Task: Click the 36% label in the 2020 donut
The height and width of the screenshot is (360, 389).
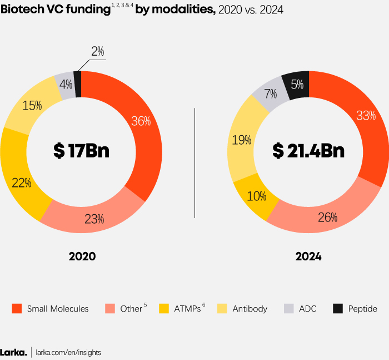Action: [x=141, y=121]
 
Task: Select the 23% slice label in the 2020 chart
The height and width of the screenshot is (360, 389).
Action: [x=94, y=219]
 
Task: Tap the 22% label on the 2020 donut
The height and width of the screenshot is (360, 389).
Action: [x=22, y=183]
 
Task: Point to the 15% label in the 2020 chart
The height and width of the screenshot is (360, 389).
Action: [x=32, y=105]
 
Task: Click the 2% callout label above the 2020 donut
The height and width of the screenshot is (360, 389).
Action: [x=98, y=52]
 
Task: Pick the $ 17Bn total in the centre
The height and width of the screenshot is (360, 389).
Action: [x=81, y=151]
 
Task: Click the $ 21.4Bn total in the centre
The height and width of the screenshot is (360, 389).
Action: [x=308, y=151]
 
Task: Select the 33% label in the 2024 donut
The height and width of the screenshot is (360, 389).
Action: [x=366, y=116]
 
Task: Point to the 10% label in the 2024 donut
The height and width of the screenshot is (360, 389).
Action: [x=256, y=196]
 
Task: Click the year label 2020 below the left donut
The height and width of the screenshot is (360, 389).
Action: [x=82, y=257]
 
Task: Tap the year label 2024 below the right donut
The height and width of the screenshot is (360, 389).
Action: [x=308, y=257]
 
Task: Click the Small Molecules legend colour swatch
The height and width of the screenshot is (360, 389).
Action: [x=17, y=308]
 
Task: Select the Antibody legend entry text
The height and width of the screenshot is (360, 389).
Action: [x=250, y=309]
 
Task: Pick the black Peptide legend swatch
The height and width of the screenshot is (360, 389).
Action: [x=337, y=308]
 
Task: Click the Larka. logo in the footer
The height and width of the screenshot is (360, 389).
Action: [x=13, y=352]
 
